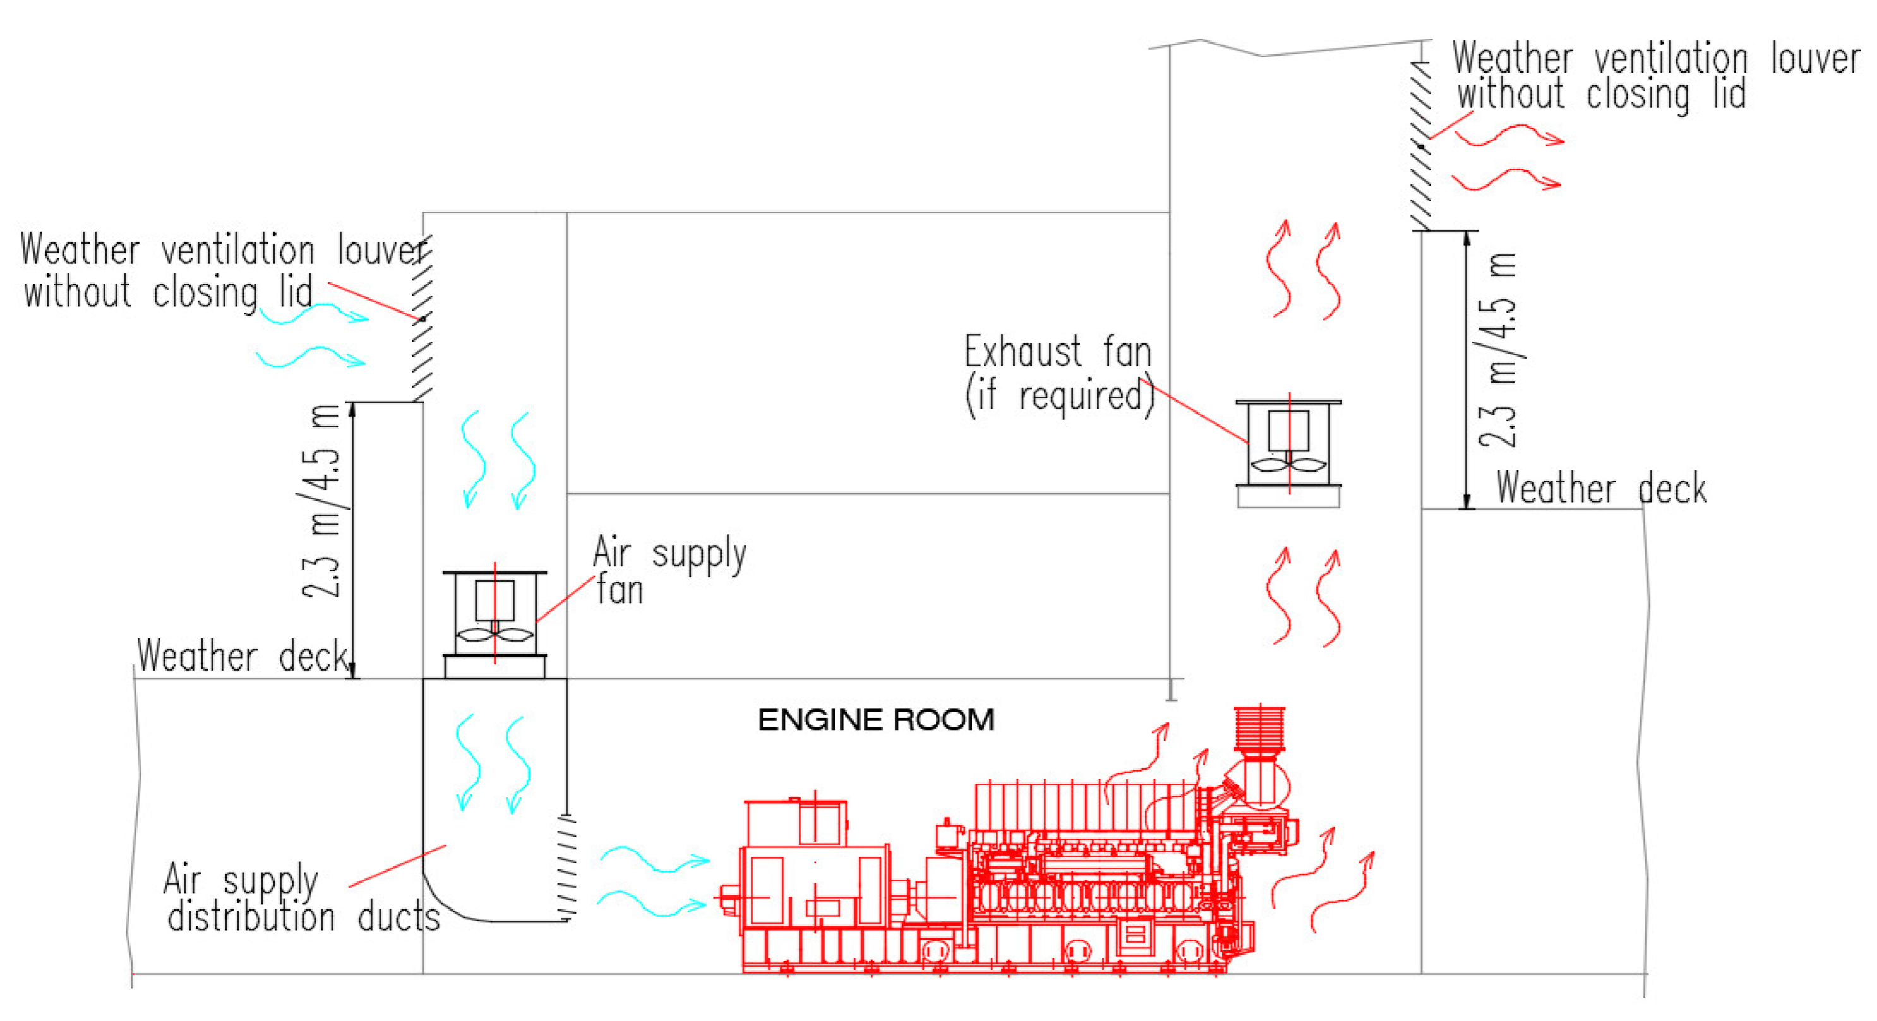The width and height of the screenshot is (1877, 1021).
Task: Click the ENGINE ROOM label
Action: [876, 720]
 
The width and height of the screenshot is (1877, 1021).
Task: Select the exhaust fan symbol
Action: [1288, 445]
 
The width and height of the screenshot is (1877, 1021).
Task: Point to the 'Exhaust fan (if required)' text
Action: [1058, 374]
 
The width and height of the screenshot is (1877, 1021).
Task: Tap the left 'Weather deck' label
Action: [243, 656]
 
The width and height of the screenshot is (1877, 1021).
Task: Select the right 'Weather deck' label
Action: [1602, 488]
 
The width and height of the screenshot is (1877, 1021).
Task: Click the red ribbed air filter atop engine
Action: [1260, 728]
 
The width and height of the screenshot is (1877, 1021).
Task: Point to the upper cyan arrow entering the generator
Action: [654, 859]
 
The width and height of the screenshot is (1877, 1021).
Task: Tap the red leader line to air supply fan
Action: [565, 599]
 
